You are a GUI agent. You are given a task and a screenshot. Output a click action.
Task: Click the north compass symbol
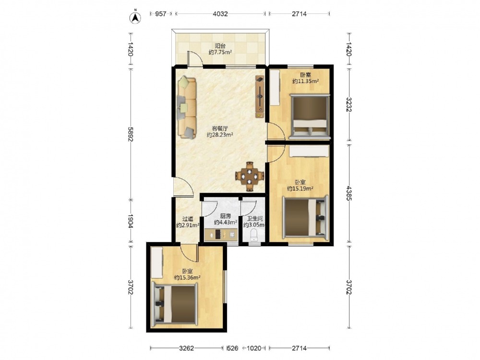[135, 17]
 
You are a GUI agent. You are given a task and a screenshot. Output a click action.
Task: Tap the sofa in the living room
[187, 108]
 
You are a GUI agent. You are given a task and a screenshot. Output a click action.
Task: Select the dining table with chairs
[250, 176]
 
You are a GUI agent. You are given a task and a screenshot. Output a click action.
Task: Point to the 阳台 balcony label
[220, 46]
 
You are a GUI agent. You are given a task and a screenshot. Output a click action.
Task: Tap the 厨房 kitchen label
[226, 216]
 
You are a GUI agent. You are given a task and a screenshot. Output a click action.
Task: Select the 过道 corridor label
[188, 219]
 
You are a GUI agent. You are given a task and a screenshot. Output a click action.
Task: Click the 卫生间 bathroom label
[255, 219]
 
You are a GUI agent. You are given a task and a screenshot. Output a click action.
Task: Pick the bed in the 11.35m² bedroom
[310, 117]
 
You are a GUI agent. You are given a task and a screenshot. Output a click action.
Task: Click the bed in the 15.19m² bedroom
[305, 217]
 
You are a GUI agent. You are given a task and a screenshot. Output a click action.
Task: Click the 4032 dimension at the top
[220, 14]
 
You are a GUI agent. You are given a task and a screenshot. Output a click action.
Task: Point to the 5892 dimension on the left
[131, 134]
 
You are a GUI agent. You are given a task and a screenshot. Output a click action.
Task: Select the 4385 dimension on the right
[349, 193]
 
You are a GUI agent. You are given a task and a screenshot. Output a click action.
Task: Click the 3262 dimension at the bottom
[186, 348]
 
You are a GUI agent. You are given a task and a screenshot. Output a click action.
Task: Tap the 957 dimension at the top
[161, 14]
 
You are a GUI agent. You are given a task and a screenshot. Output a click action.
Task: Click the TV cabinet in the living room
[260, 97]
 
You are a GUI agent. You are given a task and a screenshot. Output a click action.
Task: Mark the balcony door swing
[195, 58]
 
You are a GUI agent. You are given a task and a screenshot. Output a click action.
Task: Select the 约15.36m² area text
[187, 277]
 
